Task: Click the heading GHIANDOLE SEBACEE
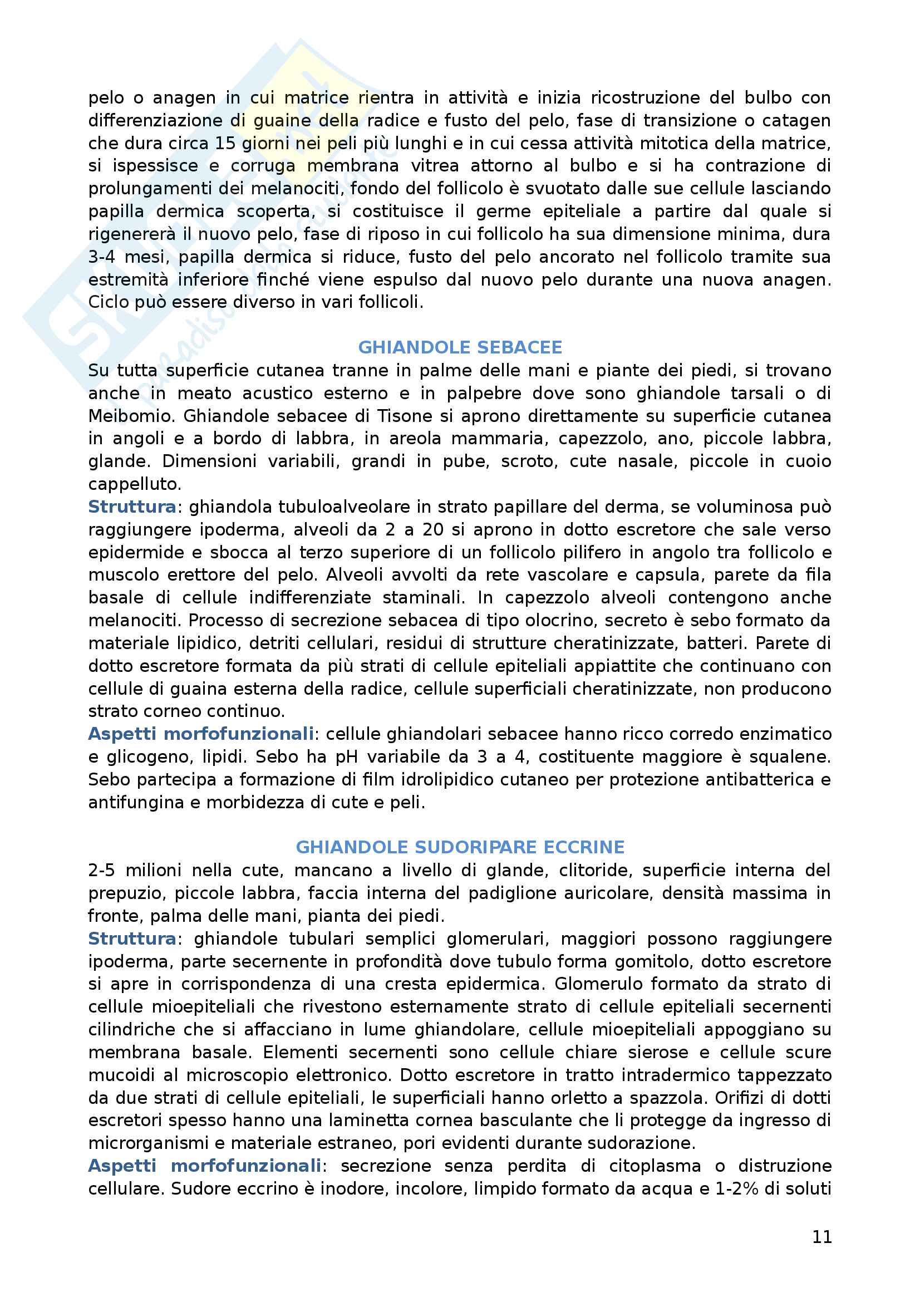(460, 347)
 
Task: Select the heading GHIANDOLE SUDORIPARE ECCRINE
(460, 847)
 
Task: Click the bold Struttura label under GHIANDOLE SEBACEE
(132, 507)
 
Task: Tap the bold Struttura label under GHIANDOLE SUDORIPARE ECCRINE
(132, 939)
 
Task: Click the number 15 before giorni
(224, 143)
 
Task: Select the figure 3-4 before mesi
(101, 257)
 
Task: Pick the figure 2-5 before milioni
(101, 871)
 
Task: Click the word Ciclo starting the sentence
(109, 302)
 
